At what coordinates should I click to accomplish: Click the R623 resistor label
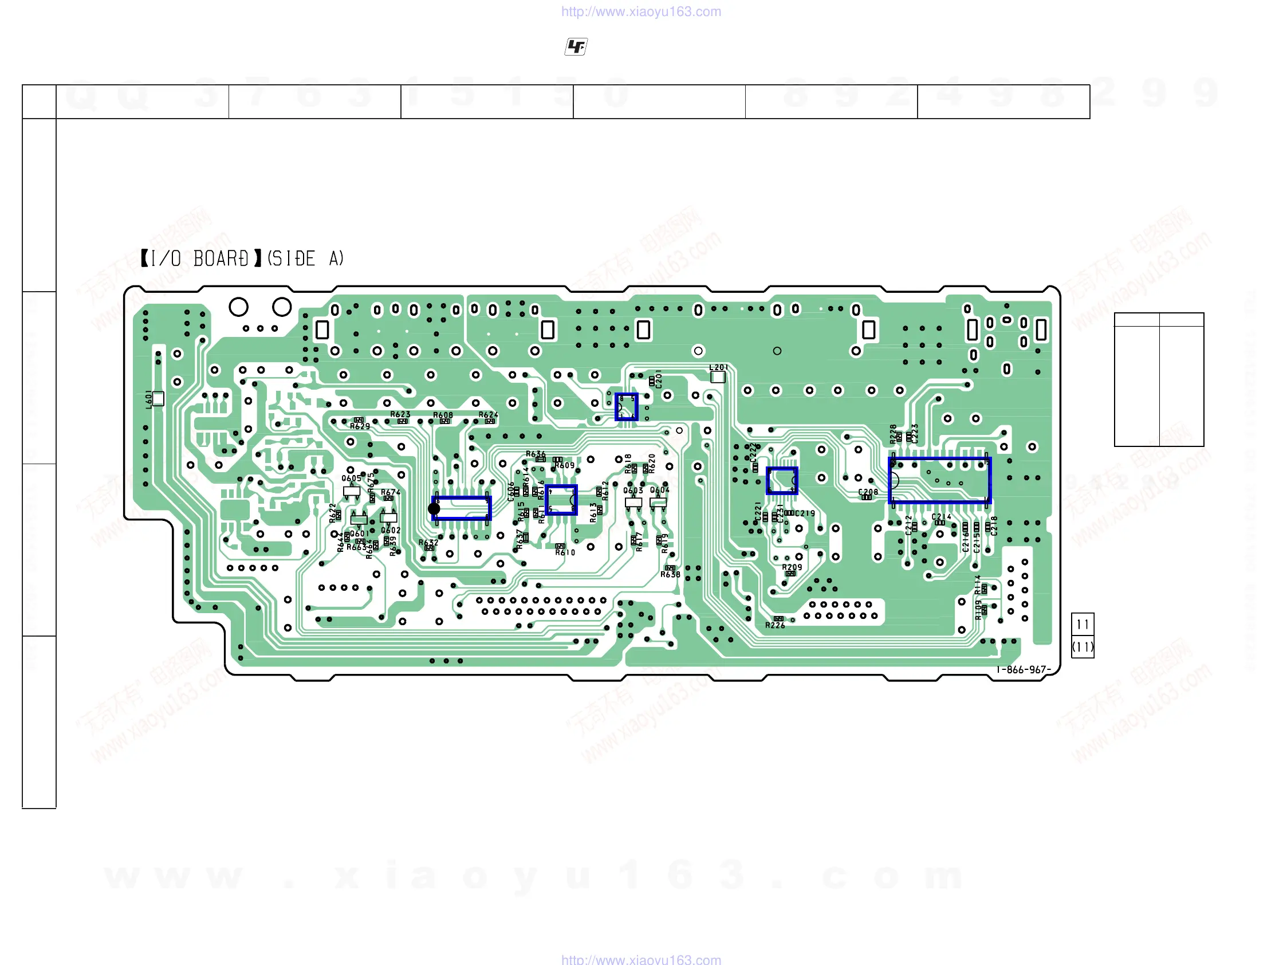coord(400,414)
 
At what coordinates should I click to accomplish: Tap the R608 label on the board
coord(443,415)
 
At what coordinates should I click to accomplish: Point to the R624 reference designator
coord(489,415)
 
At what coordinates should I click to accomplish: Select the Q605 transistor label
coord(352,478)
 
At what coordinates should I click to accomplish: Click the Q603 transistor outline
coord(633,503)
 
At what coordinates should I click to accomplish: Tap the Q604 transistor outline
coord(658,503)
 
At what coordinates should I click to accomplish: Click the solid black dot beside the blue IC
coord(434,509)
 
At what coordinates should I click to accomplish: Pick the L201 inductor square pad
coord(718,377)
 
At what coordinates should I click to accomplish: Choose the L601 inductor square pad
coord(158,399)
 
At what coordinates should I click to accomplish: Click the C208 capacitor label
coord(868,492)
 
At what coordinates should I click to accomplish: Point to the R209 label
coord(792,567)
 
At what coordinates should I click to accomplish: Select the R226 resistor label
coord(775,626)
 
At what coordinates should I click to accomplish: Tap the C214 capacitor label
coord(942,516)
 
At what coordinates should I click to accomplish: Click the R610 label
coord(565,552)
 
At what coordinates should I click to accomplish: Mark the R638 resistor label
coord(671,575)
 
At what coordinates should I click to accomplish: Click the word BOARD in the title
coord(221,259)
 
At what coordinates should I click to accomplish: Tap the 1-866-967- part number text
coord(1024,670)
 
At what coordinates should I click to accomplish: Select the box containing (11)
coord(1083,647)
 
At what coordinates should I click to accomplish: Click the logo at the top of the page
coord(576,46)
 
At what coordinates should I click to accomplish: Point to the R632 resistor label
coord(428,543)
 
